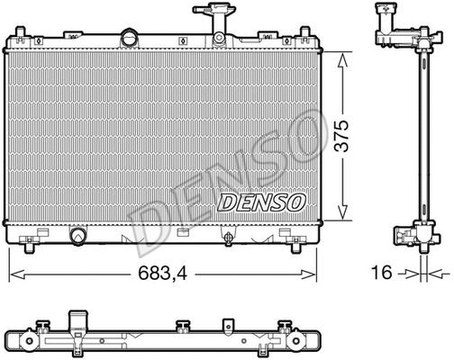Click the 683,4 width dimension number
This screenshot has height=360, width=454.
pyautogui.click(x=166, y=271)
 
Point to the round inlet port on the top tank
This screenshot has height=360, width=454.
pyautogui.click(x=132, y=39)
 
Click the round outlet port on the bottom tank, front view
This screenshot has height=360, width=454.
pyautogui.click(x=78, y=236)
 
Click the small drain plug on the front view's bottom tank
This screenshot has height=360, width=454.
pyautogui.click(x=228, y=237)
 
